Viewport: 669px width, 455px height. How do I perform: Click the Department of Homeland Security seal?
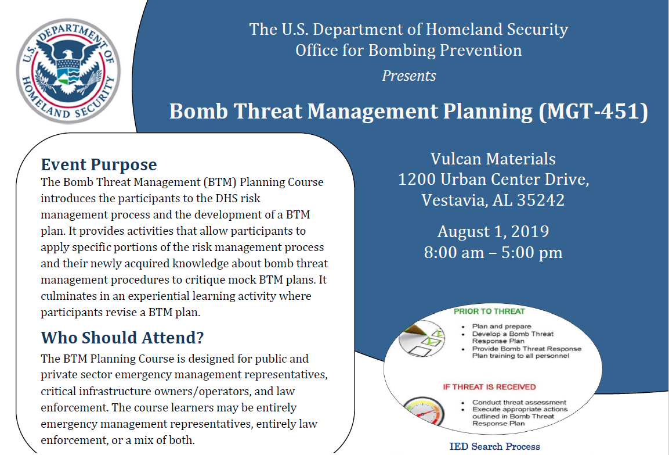[68, 70]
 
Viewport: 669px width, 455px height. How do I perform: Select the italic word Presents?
[408, 76]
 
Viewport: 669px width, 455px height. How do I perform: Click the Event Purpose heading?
[99, 164]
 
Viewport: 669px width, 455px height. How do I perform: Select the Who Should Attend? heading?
[122, 338]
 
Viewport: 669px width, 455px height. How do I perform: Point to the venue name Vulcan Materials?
[493, 159]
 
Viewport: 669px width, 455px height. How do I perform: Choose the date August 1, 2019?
[493, 232]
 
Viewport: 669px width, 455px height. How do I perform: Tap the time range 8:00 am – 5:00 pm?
[493, 253]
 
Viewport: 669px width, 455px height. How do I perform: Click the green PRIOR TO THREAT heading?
[489, 311]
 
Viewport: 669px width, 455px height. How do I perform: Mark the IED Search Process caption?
[494, 447]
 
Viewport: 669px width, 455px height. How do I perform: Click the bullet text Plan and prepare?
[501, 327]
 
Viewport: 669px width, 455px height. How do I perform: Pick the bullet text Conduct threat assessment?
[519, 402]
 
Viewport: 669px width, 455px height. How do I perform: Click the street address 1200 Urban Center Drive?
[493, 180]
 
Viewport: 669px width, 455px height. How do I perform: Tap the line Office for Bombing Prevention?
[408, 51]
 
